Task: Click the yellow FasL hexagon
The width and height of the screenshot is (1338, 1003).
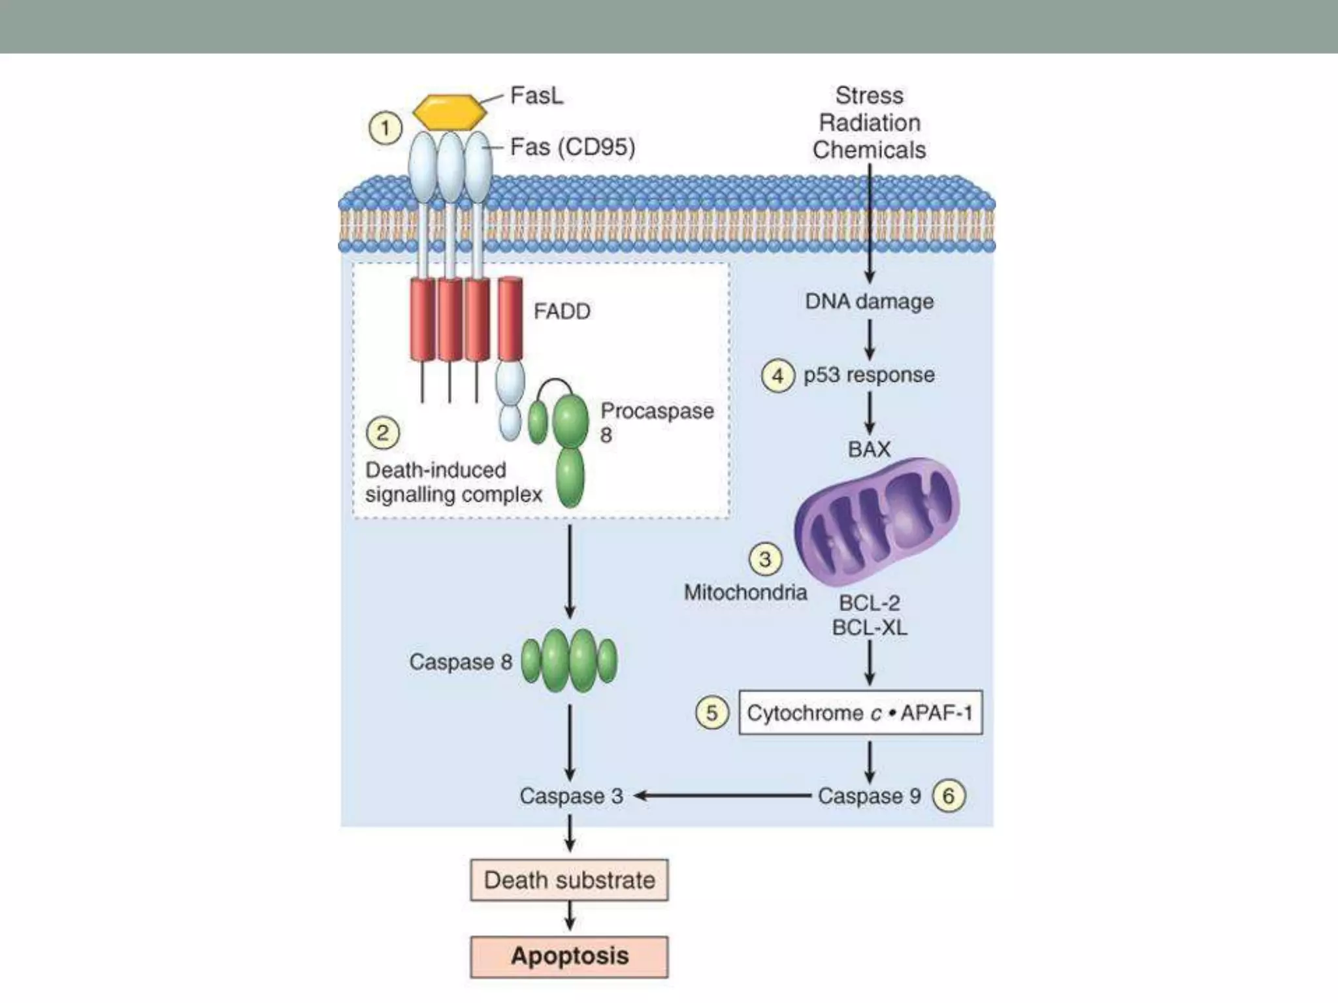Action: tap(450, 112)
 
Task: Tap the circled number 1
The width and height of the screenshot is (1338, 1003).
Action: tap(385, 128)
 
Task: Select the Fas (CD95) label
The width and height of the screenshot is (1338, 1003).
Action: tap(572, 148)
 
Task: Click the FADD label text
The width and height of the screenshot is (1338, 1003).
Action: tap(562, 311)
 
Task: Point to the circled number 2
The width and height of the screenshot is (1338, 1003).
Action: tap(382, 433)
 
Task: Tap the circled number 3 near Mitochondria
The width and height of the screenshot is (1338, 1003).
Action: tap(765, 560)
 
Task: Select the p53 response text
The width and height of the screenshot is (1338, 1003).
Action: tap(869, 375)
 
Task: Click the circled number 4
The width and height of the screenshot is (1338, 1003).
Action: tap(777, 376)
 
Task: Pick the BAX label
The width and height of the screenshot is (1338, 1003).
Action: tap(869, 449)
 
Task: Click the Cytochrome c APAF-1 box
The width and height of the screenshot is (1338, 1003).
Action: tap(860, 712)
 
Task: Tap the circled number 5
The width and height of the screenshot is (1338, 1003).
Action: tap(711, 712)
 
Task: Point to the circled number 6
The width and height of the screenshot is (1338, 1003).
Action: tap(949, 796)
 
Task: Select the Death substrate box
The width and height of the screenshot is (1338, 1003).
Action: tap(569, 880)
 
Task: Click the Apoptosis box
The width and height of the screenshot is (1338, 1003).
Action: tap(569, 957)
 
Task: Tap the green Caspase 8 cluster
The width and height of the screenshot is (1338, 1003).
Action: tap(569, 661)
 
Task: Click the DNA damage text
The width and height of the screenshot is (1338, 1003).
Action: tap(869, 302)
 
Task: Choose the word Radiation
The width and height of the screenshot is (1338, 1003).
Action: tap(869, 123)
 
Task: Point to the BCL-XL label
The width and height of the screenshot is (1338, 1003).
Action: tap(869, 628)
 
